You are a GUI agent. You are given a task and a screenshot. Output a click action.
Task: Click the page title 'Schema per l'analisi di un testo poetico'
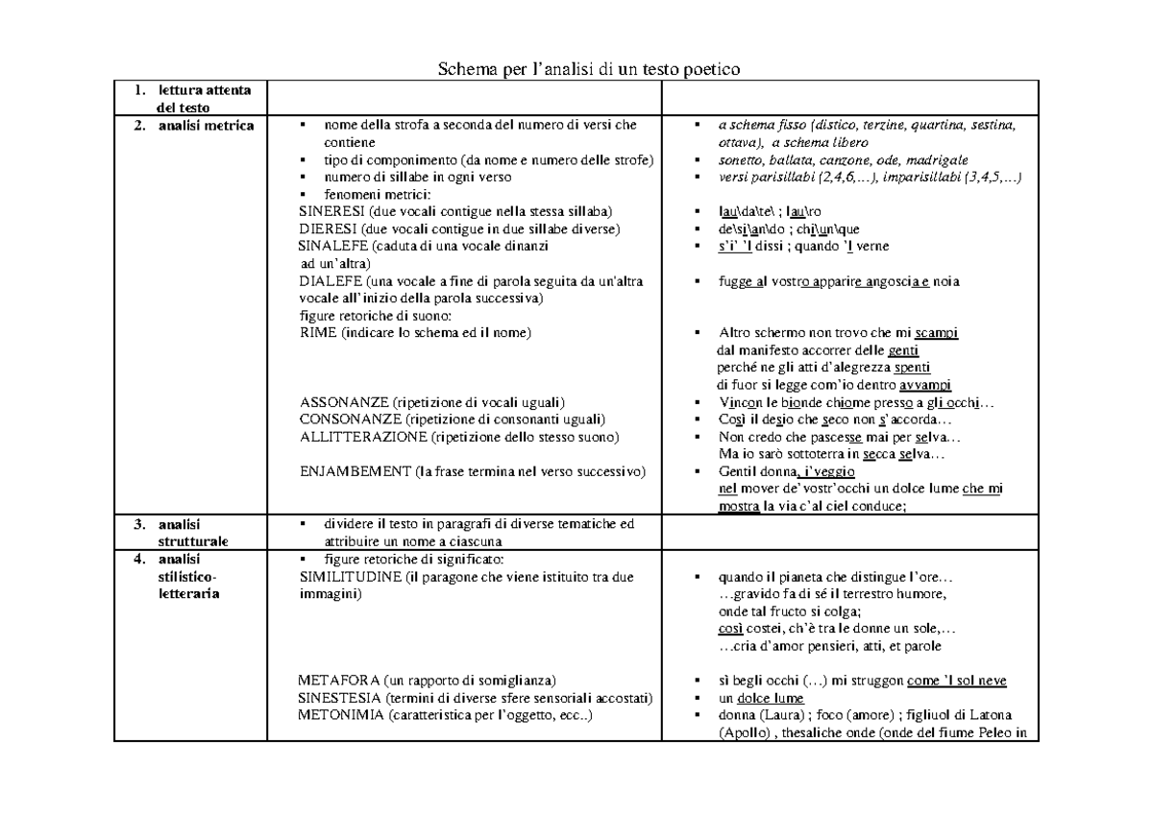pos(589,69)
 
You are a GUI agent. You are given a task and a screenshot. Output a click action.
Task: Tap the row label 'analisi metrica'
pos(207,125)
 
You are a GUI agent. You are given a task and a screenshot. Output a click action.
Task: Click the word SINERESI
pos(330,210)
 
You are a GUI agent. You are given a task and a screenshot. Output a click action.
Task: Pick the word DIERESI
pos(329,228)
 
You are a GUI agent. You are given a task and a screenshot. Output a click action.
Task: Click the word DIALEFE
pos(331,281)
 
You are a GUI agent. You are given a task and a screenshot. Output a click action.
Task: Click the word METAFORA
pos(332,680)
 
